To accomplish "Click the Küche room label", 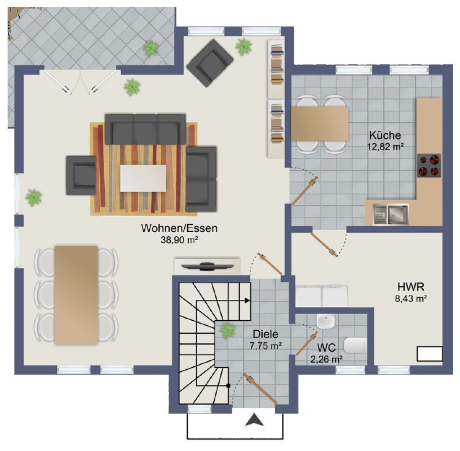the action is point(385,135).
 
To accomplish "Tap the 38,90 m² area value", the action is point(179,240).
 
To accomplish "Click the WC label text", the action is point(326,348).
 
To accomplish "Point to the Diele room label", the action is point(266,334).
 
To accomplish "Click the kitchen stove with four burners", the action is point(429,166).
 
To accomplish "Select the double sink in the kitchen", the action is point(391,214).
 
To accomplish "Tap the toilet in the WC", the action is point(355,345).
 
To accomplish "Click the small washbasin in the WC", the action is point(326,321).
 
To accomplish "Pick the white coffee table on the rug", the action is point(143,178).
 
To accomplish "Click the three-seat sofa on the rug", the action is point(145,129).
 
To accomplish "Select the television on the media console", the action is point(207,266).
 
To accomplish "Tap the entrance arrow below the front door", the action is point(254,419).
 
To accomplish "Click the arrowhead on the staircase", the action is point(247,300).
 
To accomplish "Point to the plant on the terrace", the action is point(151,48).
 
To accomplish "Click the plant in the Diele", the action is point(227,330).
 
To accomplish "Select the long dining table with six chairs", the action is point(76,295).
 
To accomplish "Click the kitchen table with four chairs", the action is point(320,124).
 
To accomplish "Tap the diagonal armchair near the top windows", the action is point(210,63).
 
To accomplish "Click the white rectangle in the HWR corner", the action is point(430,353).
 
